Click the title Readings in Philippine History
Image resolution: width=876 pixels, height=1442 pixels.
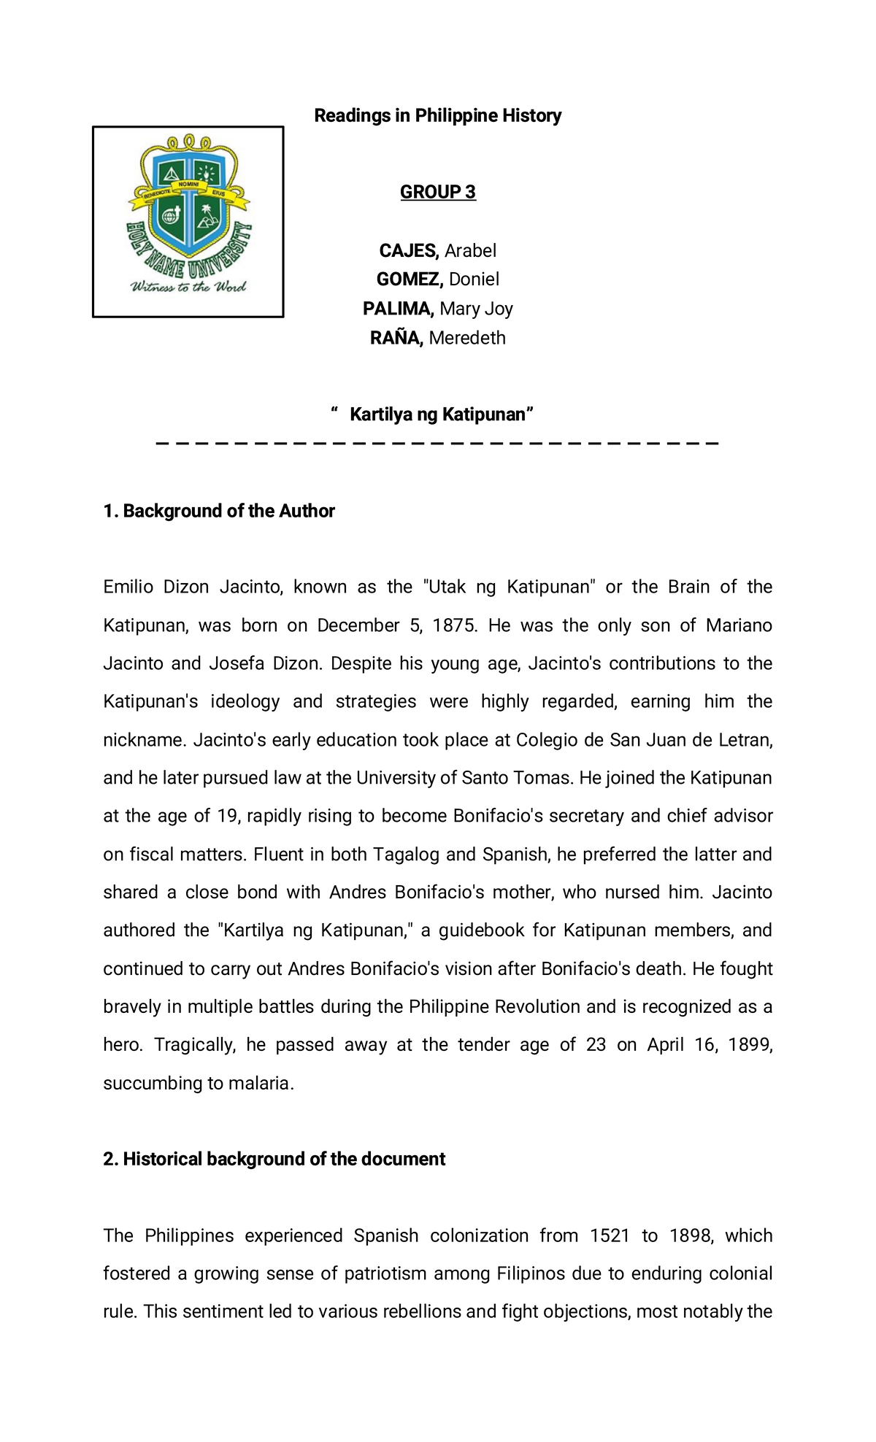(437, 115)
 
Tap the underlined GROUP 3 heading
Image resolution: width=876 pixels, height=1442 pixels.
(437, 192)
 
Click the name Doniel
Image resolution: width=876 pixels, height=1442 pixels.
(474, 279)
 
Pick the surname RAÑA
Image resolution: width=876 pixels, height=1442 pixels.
(396, 338)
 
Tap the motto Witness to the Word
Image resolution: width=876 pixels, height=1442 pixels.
(188, 287)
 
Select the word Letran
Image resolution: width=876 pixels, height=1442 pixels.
(745, 740)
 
